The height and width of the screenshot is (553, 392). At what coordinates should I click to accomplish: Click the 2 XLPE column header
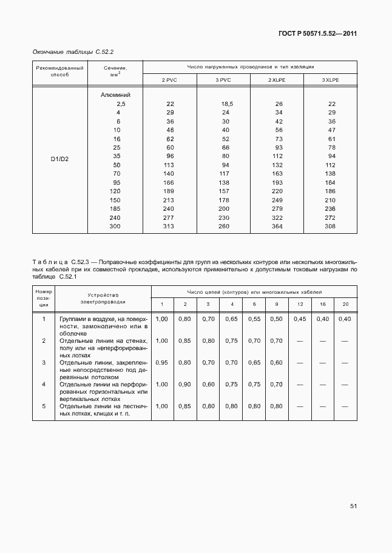[x=279, y=81]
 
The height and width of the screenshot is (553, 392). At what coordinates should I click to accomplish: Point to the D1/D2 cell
[x=59, y=159]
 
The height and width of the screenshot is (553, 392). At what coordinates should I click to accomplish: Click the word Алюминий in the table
[x=115, y=95]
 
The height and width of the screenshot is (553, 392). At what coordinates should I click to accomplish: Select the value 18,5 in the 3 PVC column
[x=227, y=104]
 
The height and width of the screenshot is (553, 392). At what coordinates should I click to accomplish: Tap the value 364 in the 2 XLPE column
[x=279, y=227]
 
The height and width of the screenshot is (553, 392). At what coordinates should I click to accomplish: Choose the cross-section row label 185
[x=115, y=209]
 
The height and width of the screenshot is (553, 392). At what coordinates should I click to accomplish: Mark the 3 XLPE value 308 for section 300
[x=331, y=227]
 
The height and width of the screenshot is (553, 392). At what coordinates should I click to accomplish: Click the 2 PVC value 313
[x=169, y=227]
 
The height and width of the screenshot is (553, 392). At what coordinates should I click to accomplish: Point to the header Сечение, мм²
[x=115, y=72]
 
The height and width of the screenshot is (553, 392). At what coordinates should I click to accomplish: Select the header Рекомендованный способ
[x=59, y=72]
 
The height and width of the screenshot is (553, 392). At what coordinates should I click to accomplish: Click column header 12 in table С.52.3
[x=300, y=303]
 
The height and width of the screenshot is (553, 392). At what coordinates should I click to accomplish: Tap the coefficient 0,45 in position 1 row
[x=300, y=319]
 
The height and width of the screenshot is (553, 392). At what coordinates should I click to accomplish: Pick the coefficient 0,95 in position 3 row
[x=162, y=362]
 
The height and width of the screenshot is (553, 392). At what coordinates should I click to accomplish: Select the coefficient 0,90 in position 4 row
[x=185, y=384]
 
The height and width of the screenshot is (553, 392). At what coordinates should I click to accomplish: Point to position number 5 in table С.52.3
[x=44, y=406]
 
